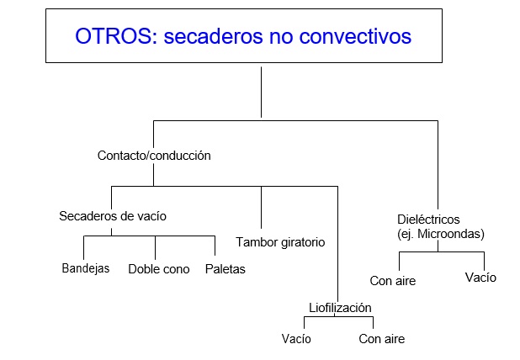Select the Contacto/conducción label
(x=154, y=156)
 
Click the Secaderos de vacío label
(x=113, y=216)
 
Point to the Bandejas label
(x=86, y=268)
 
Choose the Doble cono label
(x=159, y=269)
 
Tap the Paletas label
(x=226, y=269)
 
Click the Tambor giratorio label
(x=280, y=242)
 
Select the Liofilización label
(x=340, y=308)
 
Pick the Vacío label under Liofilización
(x=296, y=339)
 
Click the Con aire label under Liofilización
(x=382, y=339)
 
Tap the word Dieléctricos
(x=428, y=220)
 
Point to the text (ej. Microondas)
(x=441, y=234)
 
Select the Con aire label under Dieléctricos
(x=393, y=281)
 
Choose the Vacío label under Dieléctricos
(x=480, y=278)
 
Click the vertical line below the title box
(x=262, y=93)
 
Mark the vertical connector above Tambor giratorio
(x=262, y=207)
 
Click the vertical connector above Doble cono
(x=155, y=247)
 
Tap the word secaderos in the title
(x=215, y=36)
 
